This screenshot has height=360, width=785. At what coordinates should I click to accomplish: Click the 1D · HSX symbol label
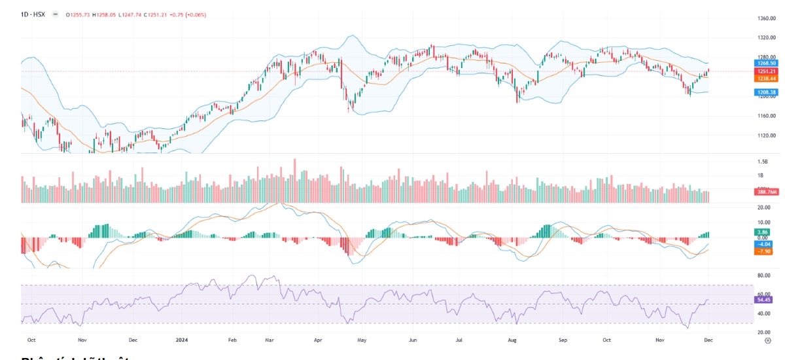33,13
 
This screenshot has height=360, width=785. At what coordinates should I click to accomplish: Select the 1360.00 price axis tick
766,18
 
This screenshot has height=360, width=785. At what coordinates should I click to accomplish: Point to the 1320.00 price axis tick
766,38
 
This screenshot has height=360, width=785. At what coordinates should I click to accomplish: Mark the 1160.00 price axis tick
766,116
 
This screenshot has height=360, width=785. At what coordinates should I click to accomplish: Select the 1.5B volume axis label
762,162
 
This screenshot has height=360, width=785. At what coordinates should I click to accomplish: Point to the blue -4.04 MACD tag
763,243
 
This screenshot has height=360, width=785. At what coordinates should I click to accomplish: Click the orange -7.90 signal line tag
763,251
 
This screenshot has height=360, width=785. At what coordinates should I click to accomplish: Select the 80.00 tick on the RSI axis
763,276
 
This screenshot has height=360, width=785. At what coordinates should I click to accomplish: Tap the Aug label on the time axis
513,341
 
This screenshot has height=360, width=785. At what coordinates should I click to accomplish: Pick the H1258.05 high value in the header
105,13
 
